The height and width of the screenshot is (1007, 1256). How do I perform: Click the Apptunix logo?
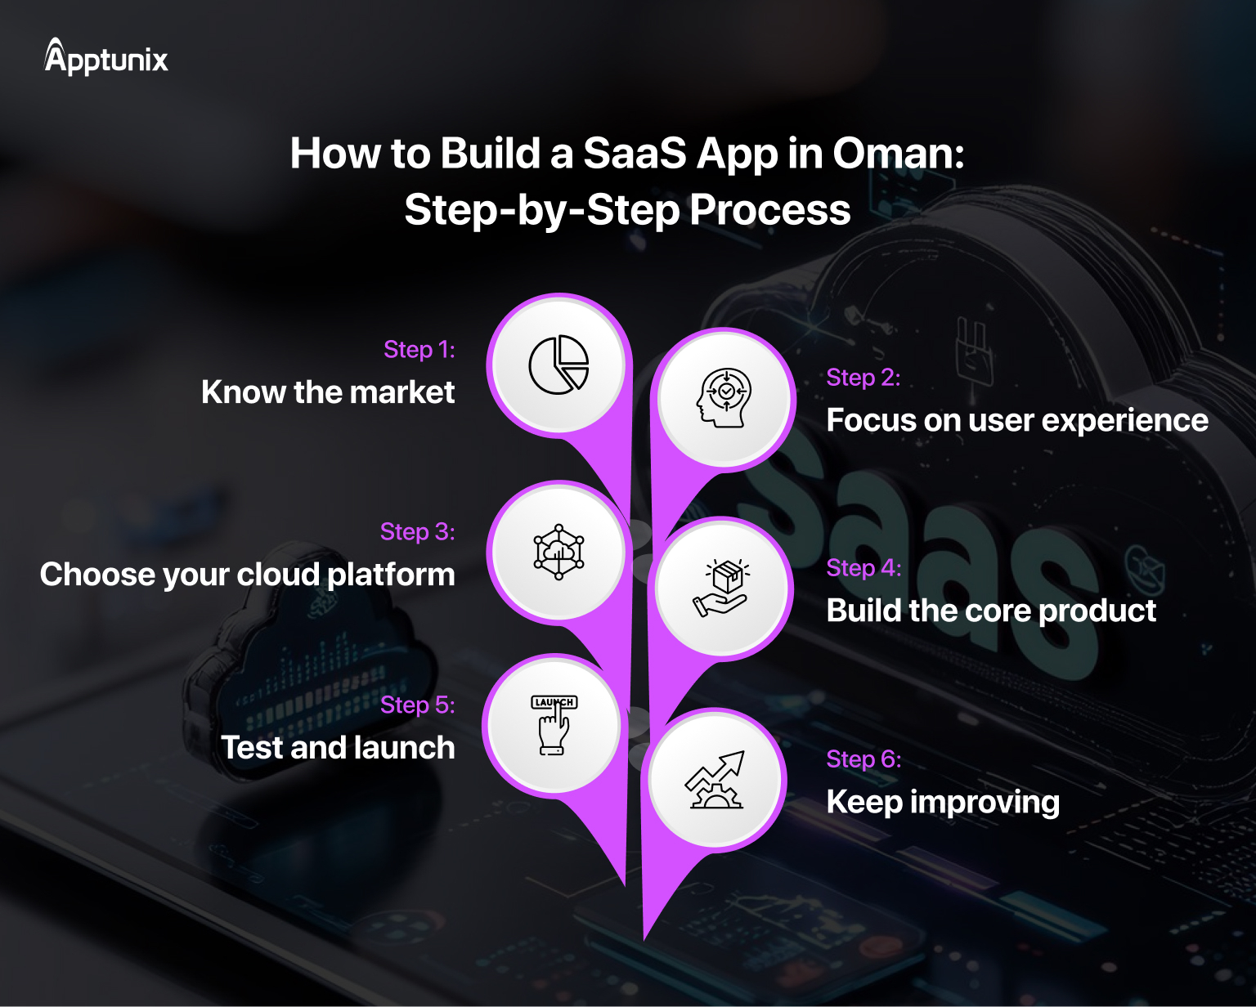tap(106, 57)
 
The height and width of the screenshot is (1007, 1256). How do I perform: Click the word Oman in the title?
tap(897, 154)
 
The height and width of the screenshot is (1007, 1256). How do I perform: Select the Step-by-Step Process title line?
tap(627, 210)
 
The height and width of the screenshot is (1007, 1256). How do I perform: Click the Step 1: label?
tap(419, 350)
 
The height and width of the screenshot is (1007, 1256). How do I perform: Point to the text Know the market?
tap(328, 392)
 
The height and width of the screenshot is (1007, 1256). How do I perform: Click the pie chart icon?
tap(558, 365)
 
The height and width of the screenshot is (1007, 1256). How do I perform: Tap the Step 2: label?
tap(863, 378)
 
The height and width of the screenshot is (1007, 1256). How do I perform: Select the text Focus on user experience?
tap(1016, 420)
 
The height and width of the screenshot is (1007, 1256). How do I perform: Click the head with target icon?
tap(724, 398)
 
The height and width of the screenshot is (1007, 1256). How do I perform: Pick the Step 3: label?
tap(417, 532)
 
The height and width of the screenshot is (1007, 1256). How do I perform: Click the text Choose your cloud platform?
tap(248, 575)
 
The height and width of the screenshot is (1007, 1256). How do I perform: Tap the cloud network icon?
tap(558, 552)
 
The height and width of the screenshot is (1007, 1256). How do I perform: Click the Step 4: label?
tap(863, 568)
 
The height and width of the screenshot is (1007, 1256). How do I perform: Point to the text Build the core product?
tap(991, 611)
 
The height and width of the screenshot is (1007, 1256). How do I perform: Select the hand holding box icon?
tap(720, 588)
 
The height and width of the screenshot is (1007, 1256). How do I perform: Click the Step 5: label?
tap(417, 705)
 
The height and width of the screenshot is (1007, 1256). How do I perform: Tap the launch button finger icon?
tap(554, 724)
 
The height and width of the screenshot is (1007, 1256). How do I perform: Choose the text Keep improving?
tap(943, 802)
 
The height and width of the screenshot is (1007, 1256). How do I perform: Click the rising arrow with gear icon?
tap(715, 781)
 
